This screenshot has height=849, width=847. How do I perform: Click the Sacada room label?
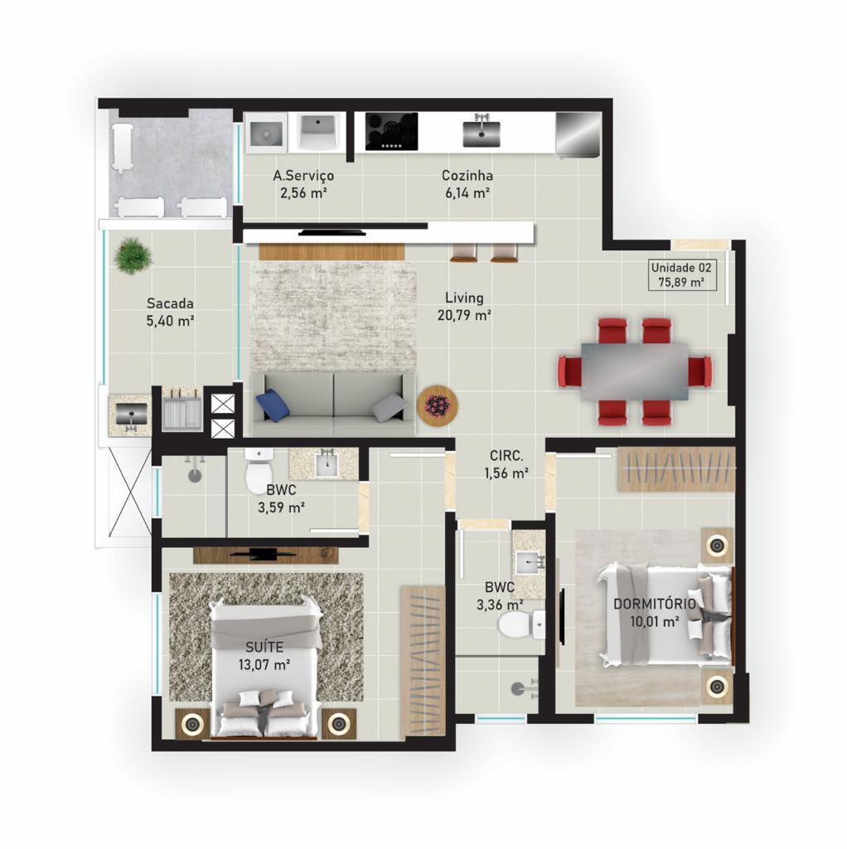click(x=170, y=311)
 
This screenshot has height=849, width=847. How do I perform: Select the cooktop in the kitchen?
click(x=391, y=131)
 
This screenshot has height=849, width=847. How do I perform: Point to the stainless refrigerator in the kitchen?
click(x=576, y=133)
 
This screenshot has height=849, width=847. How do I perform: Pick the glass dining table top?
click(x=634, y=371)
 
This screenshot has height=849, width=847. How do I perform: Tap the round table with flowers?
click(x=437, y=405)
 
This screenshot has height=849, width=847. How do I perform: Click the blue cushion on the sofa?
click(x=273, y=405)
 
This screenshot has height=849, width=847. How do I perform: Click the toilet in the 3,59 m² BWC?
click(x=259, y=469)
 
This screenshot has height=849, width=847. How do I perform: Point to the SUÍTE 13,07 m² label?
click(x=265, y=655)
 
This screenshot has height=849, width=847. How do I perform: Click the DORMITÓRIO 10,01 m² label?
click(x=655, y=612)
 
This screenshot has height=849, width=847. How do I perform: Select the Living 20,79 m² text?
click(x=463, y=306)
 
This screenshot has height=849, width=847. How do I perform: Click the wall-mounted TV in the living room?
click(x=335, y=232)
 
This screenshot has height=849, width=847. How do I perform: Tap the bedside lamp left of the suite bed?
click(x=193, y=723)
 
